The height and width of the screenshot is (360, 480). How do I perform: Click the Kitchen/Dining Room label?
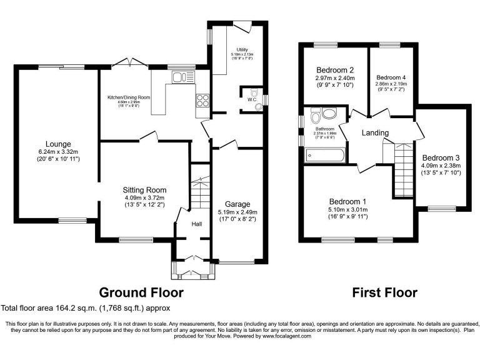click(129, 97)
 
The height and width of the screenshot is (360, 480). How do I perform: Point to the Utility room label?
click(241, 49)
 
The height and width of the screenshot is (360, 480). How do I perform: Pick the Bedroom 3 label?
click(441, 157)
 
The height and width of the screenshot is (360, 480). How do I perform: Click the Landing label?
click(375, 132)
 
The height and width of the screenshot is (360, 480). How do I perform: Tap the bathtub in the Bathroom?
click(324, 156)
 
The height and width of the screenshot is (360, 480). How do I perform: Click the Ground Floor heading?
click(141, 292)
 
